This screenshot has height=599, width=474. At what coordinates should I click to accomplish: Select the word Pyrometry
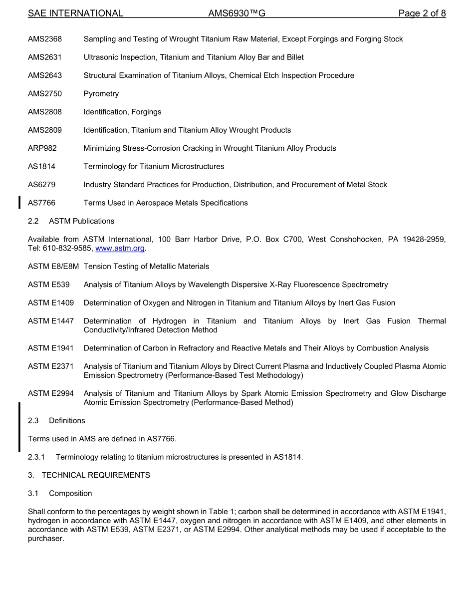click(101, 94)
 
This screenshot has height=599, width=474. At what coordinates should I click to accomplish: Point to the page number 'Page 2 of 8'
click(422, 13)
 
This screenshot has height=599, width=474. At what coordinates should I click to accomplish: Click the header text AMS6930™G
click(237, 13)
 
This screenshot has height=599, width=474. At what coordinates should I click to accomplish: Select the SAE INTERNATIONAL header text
click(75, 13)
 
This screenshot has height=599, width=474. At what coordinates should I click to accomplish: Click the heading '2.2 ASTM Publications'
click(71, 221)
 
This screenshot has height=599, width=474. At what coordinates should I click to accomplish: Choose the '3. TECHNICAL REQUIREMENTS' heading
click(89, 475)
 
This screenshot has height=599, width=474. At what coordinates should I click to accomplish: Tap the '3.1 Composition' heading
click(60, 494)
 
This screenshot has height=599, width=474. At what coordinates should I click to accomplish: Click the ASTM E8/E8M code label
click(53, 267)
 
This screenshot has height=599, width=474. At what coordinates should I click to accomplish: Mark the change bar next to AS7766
click(19, 202)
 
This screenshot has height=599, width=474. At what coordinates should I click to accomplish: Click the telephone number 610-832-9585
click(69, 248)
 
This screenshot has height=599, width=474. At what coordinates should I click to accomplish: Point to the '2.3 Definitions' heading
click(56, 421)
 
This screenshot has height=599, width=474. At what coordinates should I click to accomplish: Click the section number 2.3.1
click(36, 457)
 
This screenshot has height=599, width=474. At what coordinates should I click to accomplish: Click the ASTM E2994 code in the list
click(51, 394)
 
